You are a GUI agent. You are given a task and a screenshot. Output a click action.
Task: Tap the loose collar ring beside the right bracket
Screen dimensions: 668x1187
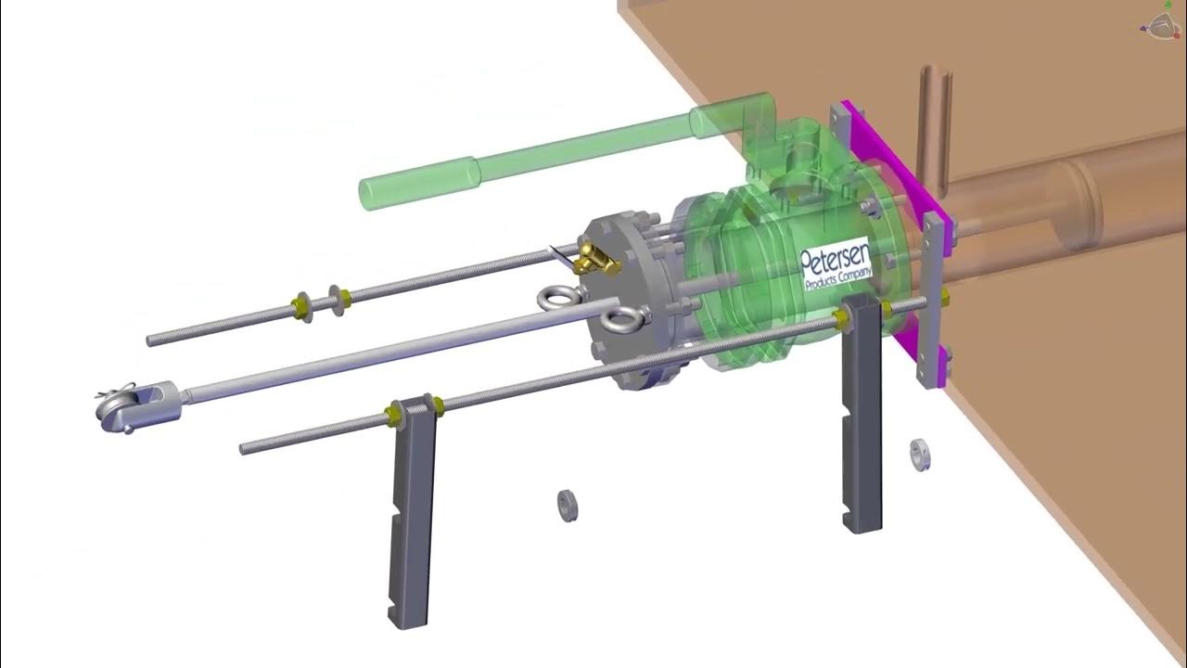(920, 454)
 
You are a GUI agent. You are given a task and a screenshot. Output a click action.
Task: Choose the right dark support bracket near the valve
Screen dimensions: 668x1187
(861, 417)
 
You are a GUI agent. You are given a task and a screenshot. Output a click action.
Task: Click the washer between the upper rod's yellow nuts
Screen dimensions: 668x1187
(323, 302)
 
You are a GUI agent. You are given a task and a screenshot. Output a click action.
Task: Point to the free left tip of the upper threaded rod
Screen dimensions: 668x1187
(150, 341)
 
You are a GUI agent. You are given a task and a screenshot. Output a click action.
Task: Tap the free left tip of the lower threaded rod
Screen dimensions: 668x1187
(244, 449)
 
